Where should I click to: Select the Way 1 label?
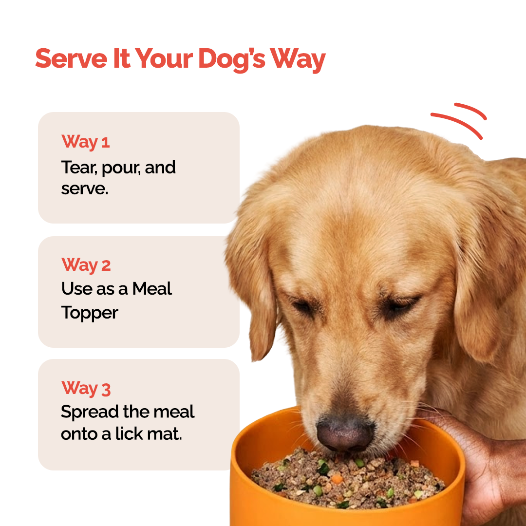click(x=86, y=142)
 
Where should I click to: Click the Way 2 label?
click(x=86, y=265)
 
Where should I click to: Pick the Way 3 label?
click(x=86, y=389)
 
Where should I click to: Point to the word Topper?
click(x=90, y=313)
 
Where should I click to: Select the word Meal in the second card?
click(x=152, y=289)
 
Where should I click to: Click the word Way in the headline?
click(x=298, y=59)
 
